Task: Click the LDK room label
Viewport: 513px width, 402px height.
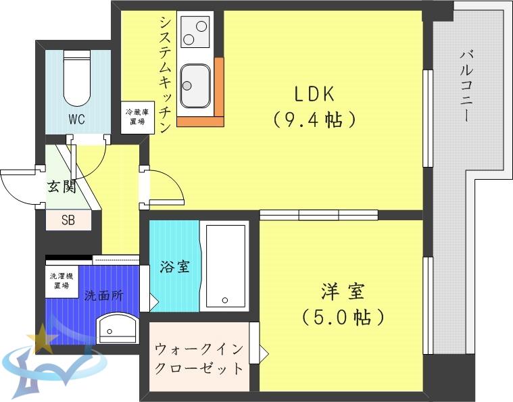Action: [x=314, y=94]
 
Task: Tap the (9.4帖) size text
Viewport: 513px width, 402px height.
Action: [x=314, y=120]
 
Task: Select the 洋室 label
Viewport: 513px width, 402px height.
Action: [x=343, y=291]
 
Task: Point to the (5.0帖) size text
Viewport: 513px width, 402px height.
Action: [x=343, y=317]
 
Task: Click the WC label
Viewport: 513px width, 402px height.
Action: [x=77, y=119]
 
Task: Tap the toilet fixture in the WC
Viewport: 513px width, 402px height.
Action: [x=77, y=78]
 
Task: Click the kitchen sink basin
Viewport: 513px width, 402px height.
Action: [x=195, y=86]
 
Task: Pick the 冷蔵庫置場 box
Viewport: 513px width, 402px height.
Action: [x=138, y=117]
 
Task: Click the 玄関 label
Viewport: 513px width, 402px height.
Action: [x=62, y=186]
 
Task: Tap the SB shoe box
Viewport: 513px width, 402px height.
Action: [x=68, y=220]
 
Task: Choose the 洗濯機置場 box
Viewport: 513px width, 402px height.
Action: [x=62, y=281]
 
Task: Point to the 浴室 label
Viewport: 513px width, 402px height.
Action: [x=174, y=267]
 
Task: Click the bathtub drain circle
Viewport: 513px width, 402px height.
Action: [x=225, y=300]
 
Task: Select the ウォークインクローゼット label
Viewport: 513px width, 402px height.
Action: [x=199, y=359]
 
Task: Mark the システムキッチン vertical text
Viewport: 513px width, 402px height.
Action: [x=165, y=75]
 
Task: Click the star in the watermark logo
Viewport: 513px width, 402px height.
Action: [x=41, y=338]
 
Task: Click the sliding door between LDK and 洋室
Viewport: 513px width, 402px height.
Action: [x=319, y=215]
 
